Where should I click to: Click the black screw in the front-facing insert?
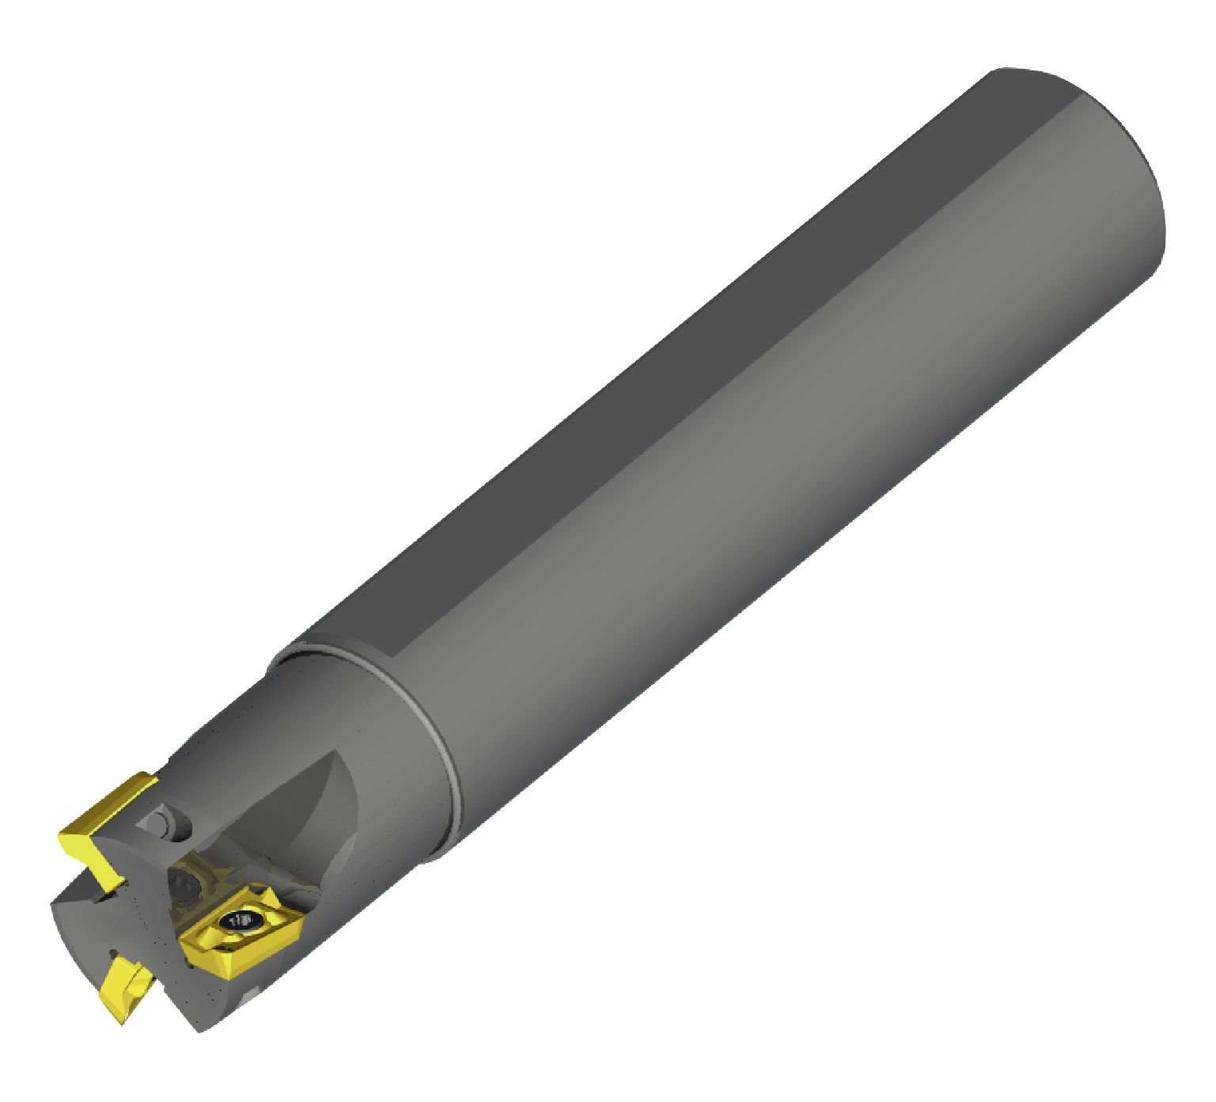[239, 920]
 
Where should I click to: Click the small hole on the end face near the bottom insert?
[113, 953]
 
